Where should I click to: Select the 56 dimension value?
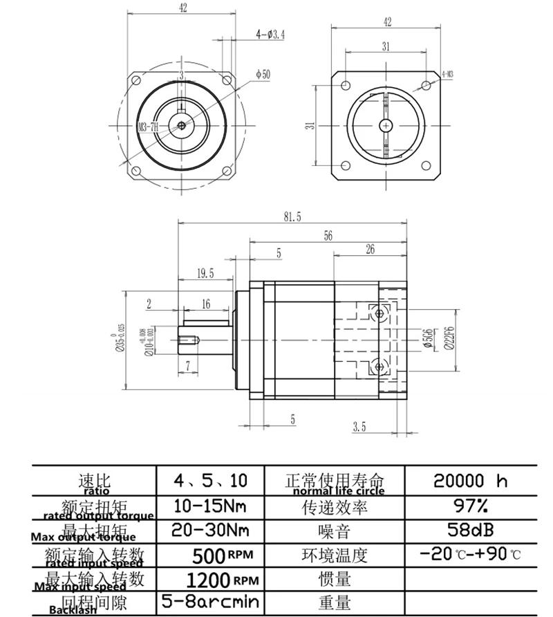point(328,236)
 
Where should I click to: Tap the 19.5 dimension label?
point(205,273)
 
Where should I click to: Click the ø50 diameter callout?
point(263,74)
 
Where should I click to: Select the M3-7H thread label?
point(149,127)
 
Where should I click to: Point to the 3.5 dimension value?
point(358,427)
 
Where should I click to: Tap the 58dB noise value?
point(470,531)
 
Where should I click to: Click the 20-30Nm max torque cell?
point(210,531)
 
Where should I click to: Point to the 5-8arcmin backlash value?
point(210,602)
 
